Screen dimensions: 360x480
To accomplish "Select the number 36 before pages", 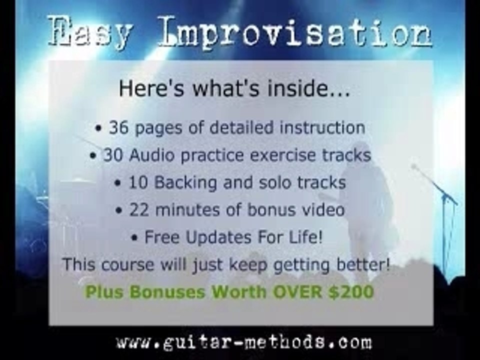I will pos(119,127).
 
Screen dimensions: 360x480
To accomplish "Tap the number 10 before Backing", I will pos(139,182).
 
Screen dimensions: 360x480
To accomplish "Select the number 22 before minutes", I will pos(139,210).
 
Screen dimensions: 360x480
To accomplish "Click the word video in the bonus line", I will pos(322,210).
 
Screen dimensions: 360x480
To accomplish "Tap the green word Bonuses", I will pos(165,291).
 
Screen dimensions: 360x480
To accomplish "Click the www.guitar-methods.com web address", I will pos(244,342).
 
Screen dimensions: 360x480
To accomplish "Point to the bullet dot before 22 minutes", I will pos(118,211).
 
